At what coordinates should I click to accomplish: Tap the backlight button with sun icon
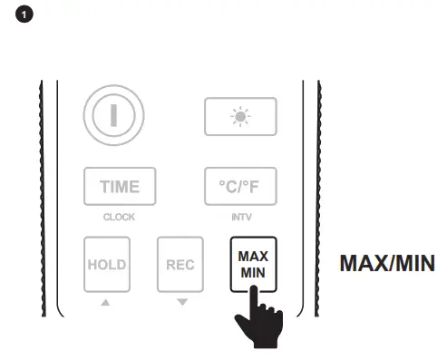pos(240,117)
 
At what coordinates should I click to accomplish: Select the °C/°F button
pos(240,187)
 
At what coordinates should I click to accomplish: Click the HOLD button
pos(107,264)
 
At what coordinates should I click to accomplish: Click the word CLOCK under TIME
pos(119,219)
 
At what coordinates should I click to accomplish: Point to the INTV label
pos(240,219)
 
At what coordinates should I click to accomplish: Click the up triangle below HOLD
pos(107,300)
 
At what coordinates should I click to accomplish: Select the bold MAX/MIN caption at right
pos(387,264)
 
